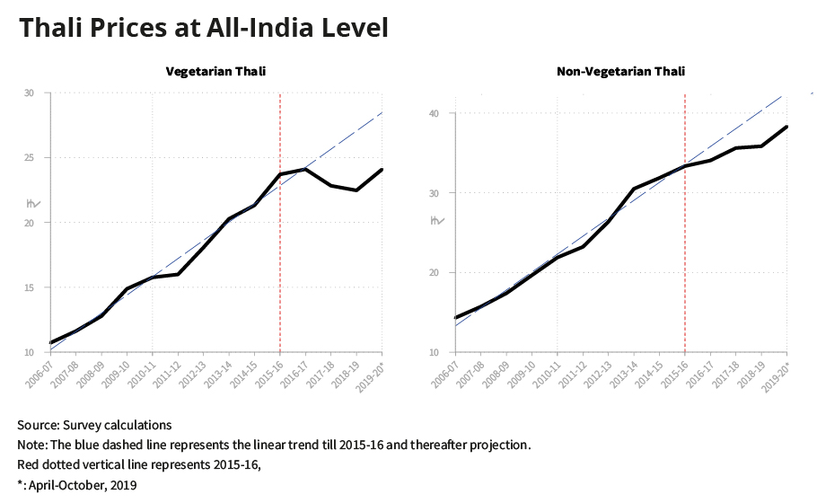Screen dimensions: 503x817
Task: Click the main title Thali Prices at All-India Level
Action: (x=203, y=29)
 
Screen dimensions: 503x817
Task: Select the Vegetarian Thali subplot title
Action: (x=215, y=71)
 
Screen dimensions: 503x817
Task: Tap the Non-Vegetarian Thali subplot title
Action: (x=620, y=71)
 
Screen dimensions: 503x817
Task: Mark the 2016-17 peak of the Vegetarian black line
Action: (x=305, y=169)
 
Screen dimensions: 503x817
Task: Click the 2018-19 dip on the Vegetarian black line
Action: (x=356, y=190)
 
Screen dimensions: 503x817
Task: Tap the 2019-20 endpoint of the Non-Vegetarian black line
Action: (x=787, y=127)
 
